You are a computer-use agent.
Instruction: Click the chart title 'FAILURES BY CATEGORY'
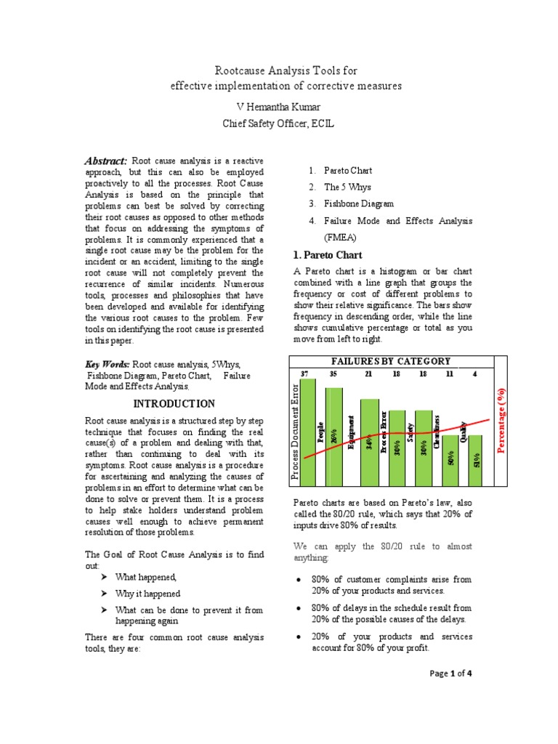click(x=391, y=361)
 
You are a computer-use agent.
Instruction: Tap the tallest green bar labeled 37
click(x=308, y=436)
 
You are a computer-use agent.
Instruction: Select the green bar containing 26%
click(x=333, y=443)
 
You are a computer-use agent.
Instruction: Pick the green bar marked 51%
click(x=475, y=461)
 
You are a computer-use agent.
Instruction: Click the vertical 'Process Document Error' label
click(x=295, y=432)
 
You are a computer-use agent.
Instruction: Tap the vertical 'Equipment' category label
click(x=352, y=432)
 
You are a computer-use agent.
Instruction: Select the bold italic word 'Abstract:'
click(x=106, y=161)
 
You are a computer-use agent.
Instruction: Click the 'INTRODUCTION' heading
click(x=174, y=404)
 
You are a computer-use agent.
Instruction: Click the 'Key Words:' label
click(x=108, y=363)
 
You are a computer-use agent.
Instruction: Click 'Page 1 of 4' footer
click(x=451, y=674)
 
